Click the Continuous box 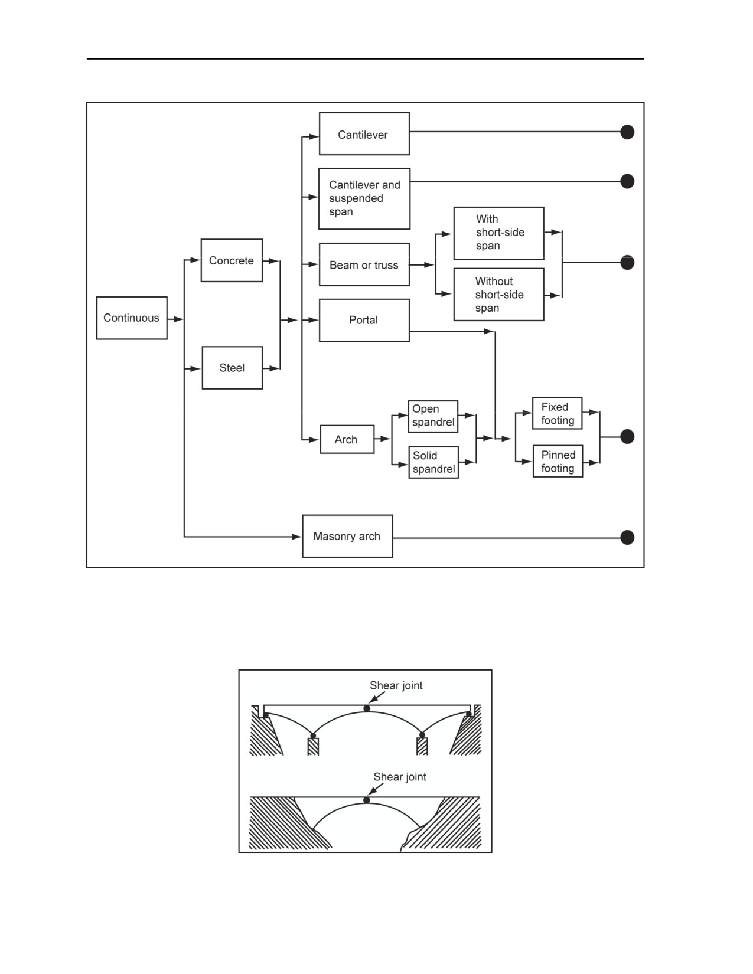[x=132, y=318]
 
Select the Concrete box [x=232, y=260]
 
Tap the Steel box [x=232, y=368]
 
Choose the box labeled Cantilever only [x=364, y=133]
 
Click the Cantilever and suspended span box [x=364, y=198]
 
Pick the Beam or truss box [x=364, y=264]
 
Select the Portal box [x=364, y=320]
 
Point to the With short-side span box [x=498, y=233]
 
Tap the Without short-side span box [x=498, y=295]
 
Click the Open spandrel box [x=433, y=416]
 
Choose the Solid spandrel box [x=433, y=462]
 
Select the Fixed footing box [x=557, y=413]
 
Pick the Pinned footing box [x=558, y=461]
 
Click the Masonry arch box [x=348, y=536]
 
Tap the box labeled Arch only [x=347, y=439]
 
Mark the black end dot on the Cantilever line [x=627, y=132]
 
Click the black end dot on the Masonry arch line [x=627, y=537]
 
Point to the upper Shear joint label [x=396, y=685]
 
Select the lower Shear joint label [x=400, y=777]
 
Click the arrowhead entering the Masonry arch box [x=297, y=537]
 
